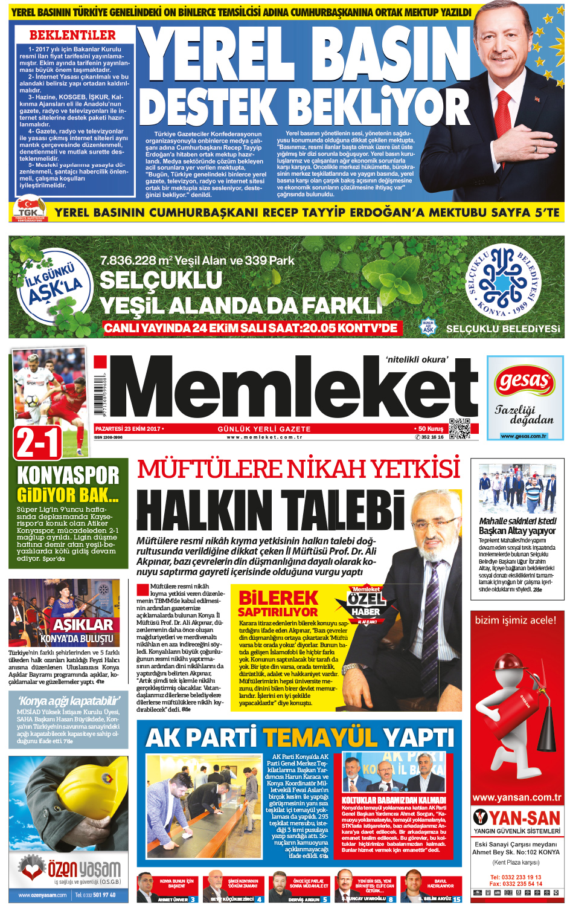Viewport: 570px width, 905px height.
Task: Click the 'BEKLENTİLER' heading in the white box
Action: coord(72,35)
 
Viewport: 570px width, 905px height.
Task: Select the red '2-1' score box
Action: coord(37,442)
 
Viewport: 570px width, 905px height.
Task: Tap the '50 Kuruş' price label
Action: coord(430,428)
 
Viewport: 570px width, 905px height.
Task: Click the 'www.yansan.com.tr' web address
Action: coord(517,797)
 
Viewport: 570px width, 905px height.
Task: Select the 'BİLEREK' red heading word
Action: coord(278,598)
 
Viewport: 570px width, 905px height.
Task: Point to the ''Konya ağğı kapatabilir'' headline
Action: coord(69,701)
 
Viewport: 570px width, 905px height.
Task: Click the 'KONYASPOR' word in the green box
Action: coord(68,475)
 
